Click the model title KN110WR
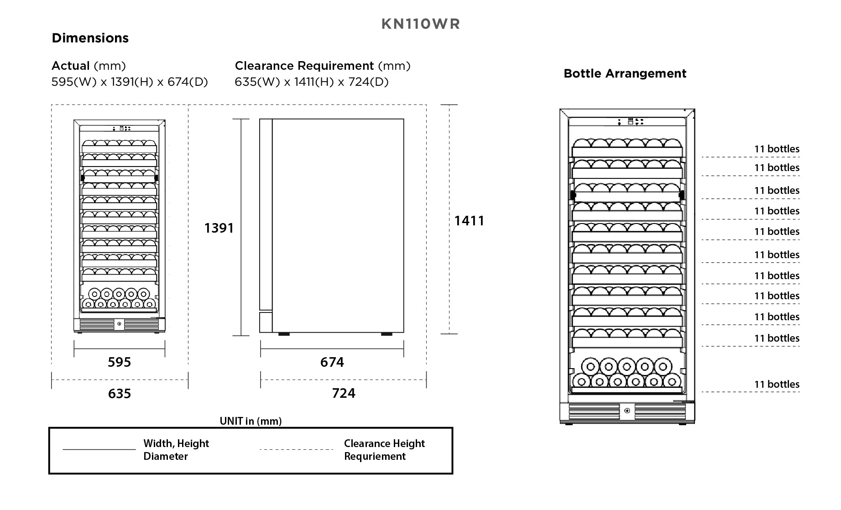tap(420, 24)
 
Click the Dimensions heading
tap(90, 38)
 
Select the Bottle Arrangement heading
tap(625, 73)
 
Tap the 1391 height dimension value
tap(219, 228)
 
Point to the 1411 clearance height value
tap(469, 221)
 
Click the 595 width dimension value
tap(119, 362)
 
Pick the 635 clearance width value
tap(119, 393)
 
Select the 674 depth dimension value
tap(332, 362)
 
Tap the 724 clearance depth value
tap(343, 393)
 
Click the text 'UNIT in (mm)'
tap(251, 421)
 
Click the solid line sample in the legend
tap(99, 450)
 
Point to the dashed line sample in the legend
tap(296, 450)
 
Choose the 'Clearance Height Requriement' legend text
tap(384, 450)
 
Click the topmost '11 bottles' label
tap(777, 149)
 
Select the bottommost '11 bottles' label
tap(777, 385)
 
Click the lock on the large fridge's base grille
tap(627, 411)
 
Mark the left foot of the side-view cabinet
tap(283, 334)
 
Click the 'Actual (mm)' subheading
tap(89, 66)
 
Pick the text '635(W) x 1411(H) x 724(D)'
tap(312, 82)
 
